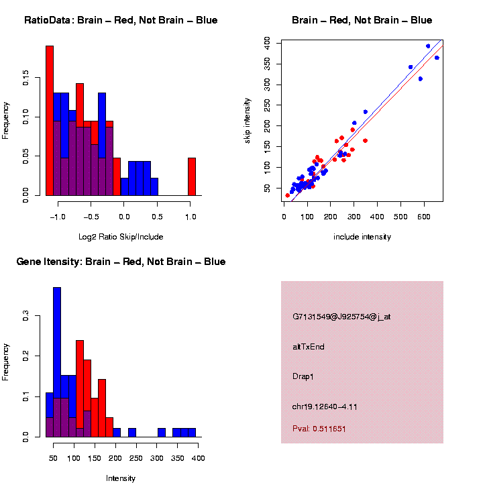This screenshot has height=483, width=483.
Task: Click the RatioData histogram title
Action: [x=121, y=20]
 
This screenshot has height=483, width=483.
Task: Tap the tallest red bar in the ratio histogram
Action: [x=50, y=121]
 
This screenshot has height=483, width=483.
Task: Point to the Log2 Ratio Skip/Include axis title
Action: [x=121, y=236]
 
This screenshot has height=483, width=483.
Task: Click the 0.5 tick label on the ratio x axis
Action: [x=157, y=217]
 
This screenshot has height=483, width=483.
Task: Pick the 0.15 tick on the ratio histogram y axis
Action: [x=25, y=79]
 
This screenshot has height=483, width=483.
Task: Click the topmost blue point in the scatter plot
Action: [x=428, y=46]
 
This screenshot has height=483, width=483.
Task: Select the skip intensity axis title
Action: [x=248, y=119]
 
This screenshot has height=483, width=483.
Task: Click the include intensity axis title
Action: [x=362, y=237]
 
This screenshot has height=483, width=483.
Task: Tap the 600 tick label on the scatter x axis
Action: [x=400, y=217]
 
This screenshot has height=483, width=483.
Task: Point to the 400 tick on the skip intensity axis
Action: [x=266, y=42]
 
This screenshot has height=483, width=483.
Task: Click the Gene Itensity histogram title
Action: [x=121, y=262]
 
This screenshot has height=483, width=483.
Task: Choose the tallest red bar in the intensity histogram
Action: [x=80, y=388]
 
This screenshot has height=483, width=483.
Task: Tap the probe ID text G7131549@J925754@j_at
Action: [x=341, y=317]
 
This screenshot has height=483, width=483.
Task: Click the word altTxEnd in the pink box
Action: [x=309, y=347]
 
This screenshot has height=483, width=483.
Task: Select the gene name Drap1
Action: [x=303, y=376]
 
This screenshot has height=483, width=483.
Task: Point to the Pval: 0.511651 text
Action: [x=319, y=428]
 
